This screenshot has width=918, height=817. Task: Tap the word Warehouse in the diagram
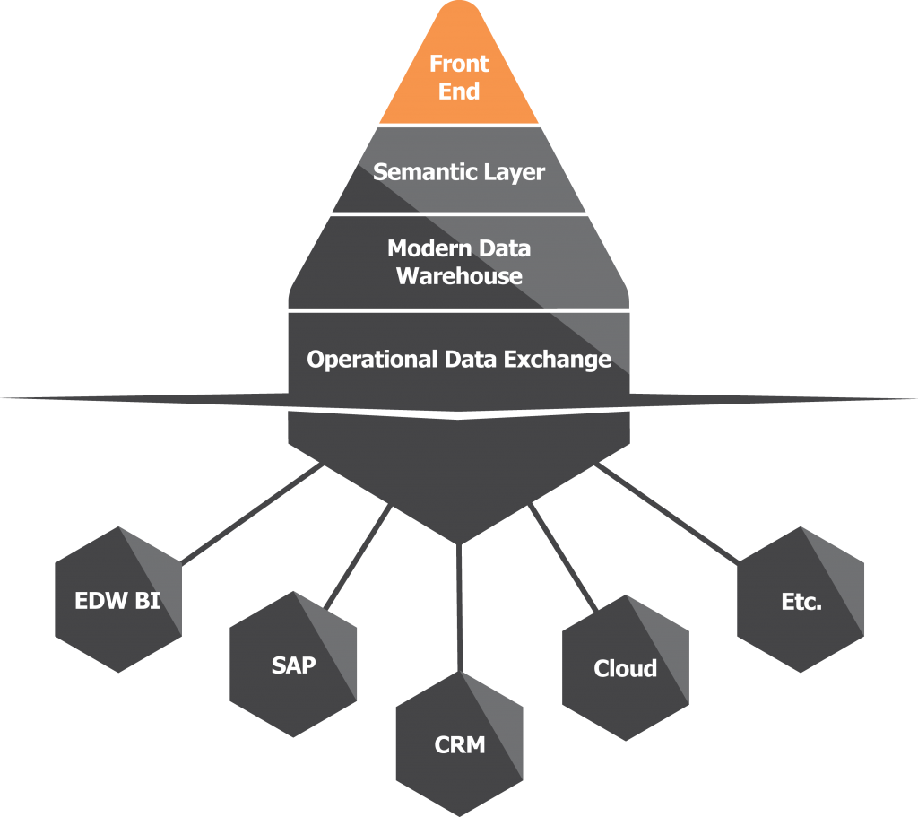[x=459, y=275]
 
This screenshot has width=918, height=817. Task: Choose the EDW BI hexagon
[x=117, y=599]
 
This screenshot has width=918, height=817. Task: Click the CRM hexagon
[x=459, y=743]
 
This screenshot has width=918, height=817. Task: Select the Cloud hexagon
[x=625, y=669]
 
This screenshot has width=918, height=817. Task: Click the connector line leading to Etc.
[x=668, y=514]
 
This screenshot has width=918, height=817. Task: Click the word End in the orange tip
[x=459, y=91]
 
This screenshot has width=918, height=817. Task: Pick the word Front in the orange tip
[x=459, y=64]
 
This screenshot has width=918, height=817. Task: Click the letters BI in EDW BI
[x=147, y=600]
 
